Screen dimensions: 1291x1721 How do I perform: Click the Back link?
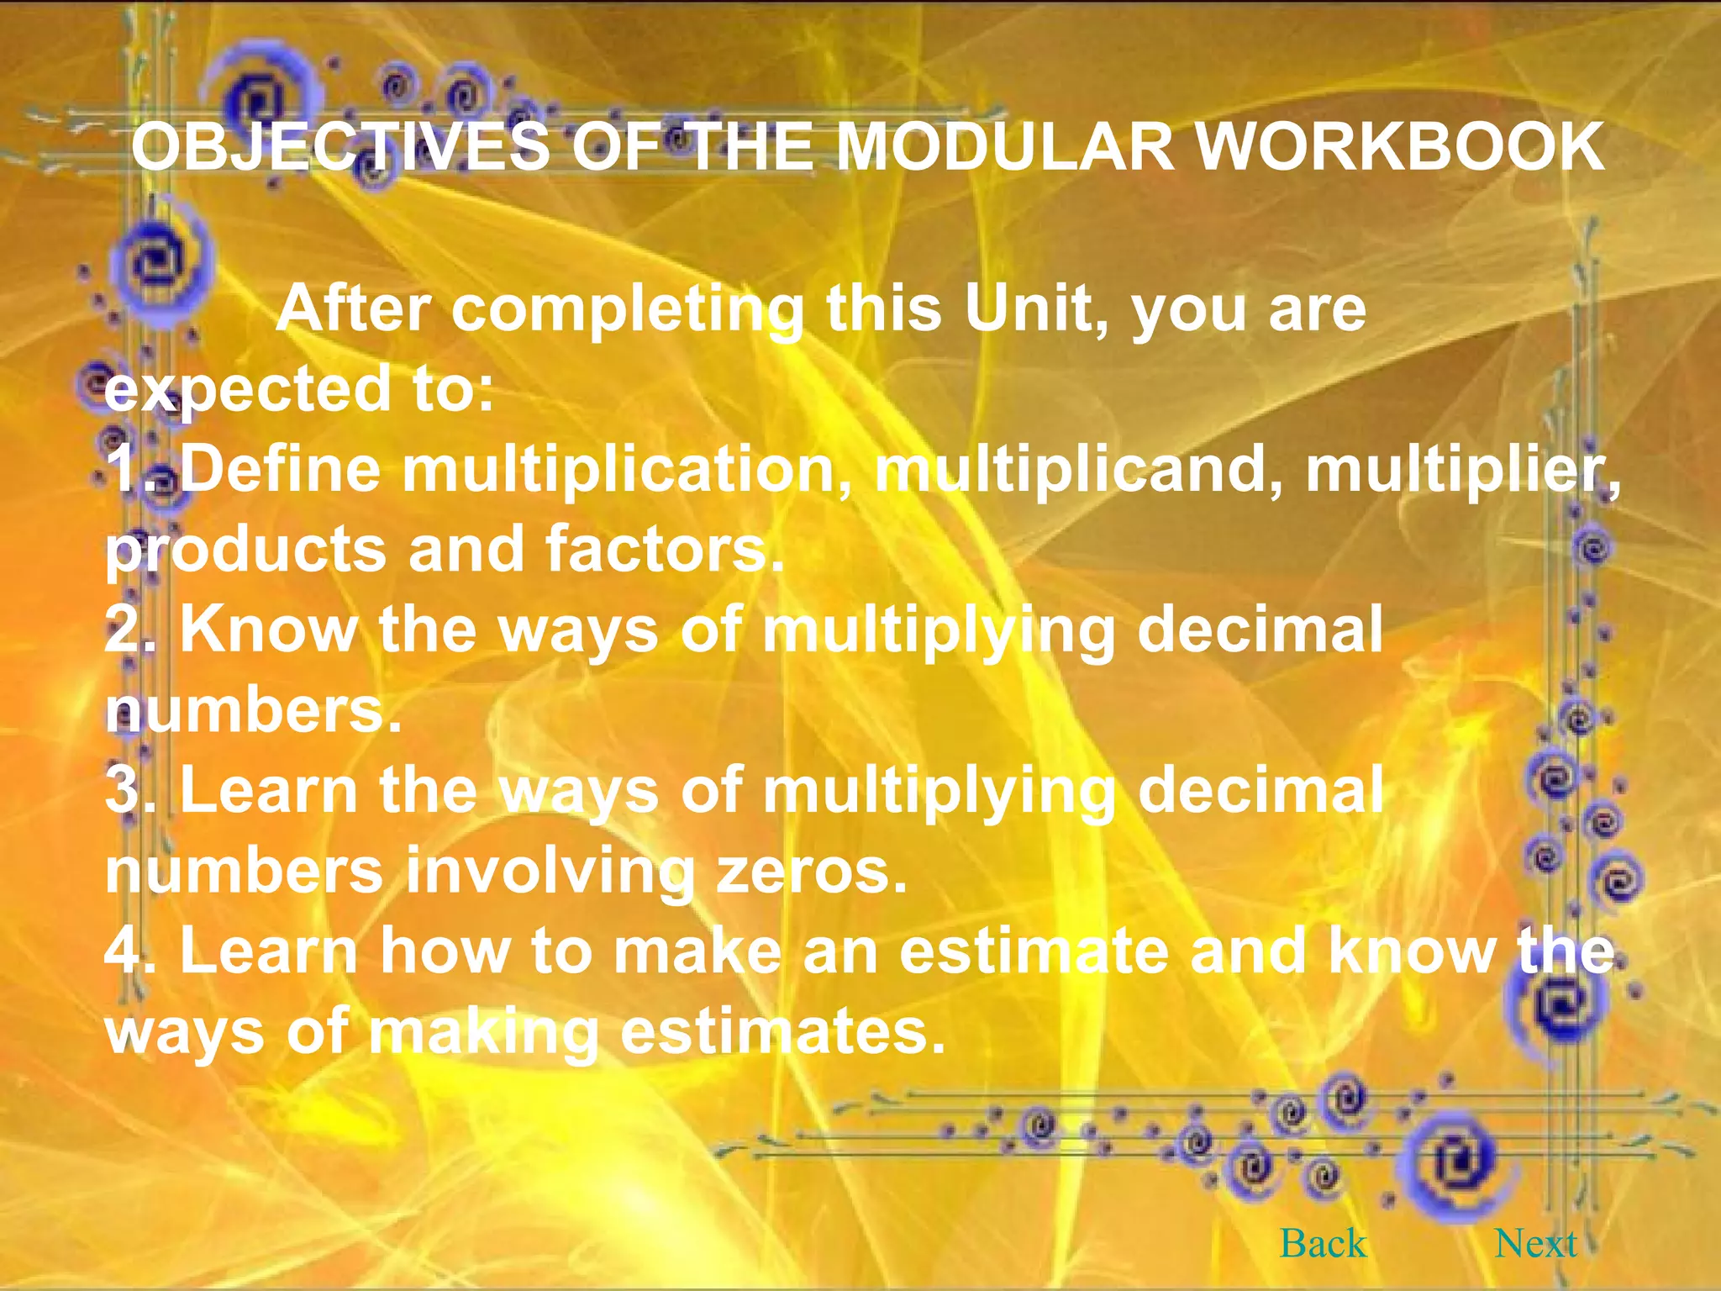coord(1323,1244)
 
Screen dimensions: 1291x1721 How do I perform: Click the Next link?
coord(1535,1244)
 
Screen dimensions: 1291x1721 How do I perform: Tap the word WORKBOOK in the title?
coord(1399,147)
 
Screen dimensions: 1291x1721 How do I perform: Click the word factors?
coord(664,549)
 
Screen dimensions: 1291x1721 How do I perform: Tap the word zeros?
coord(811,871)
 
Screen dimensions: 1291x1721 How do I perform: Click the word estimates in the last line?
coord(782,1032)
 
